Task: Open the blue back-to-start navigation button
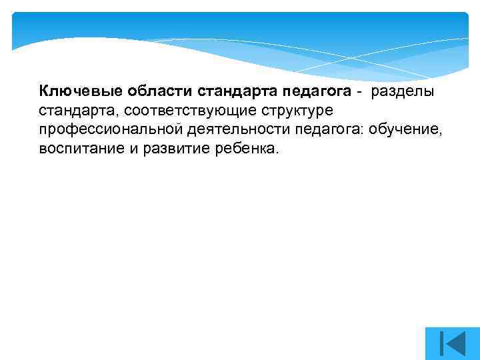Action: pyautogui.click(x=452, y=343)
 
